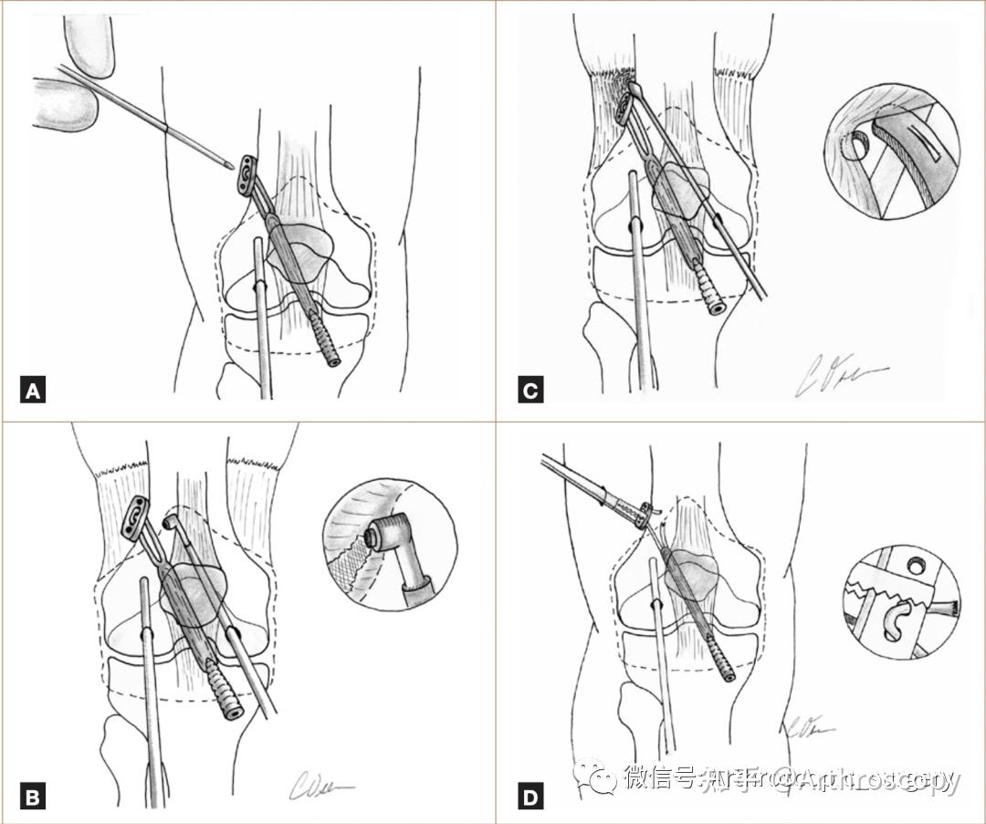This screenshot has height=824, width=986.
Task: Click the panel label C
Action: click(x=530, y=392)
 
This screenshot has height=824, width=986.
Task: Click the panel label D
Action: click(x=530, y=798)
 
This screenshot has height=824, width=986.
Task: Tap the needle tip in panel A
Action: click(x=225, y=165)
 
